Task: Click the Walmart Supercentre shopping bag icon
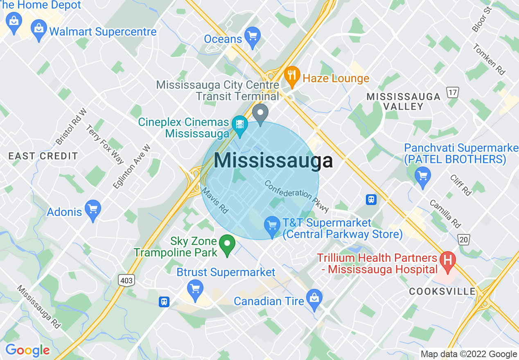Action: tap(39, 29)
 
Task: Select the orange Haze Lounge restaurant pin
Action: tap(292, 76)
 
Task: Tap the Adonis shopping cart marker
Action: tap(93, 209)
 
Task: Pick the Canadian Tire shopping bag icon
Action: tap(314, 299)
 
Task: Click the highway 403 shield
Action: tap(126, 280)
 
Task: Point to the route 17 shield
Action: tap(453, 93)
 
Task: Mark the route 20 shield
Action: tap(463, 239)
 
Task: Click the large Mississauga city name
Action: tap(273, 161)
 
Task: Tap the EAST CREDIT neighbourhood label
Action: tap(43, 156)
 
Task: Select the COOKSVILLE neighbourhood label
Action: tap(442, 291)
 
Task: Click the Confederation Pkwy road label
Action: tap(296, 196)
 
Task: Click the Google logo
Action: tap(27, 350)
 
